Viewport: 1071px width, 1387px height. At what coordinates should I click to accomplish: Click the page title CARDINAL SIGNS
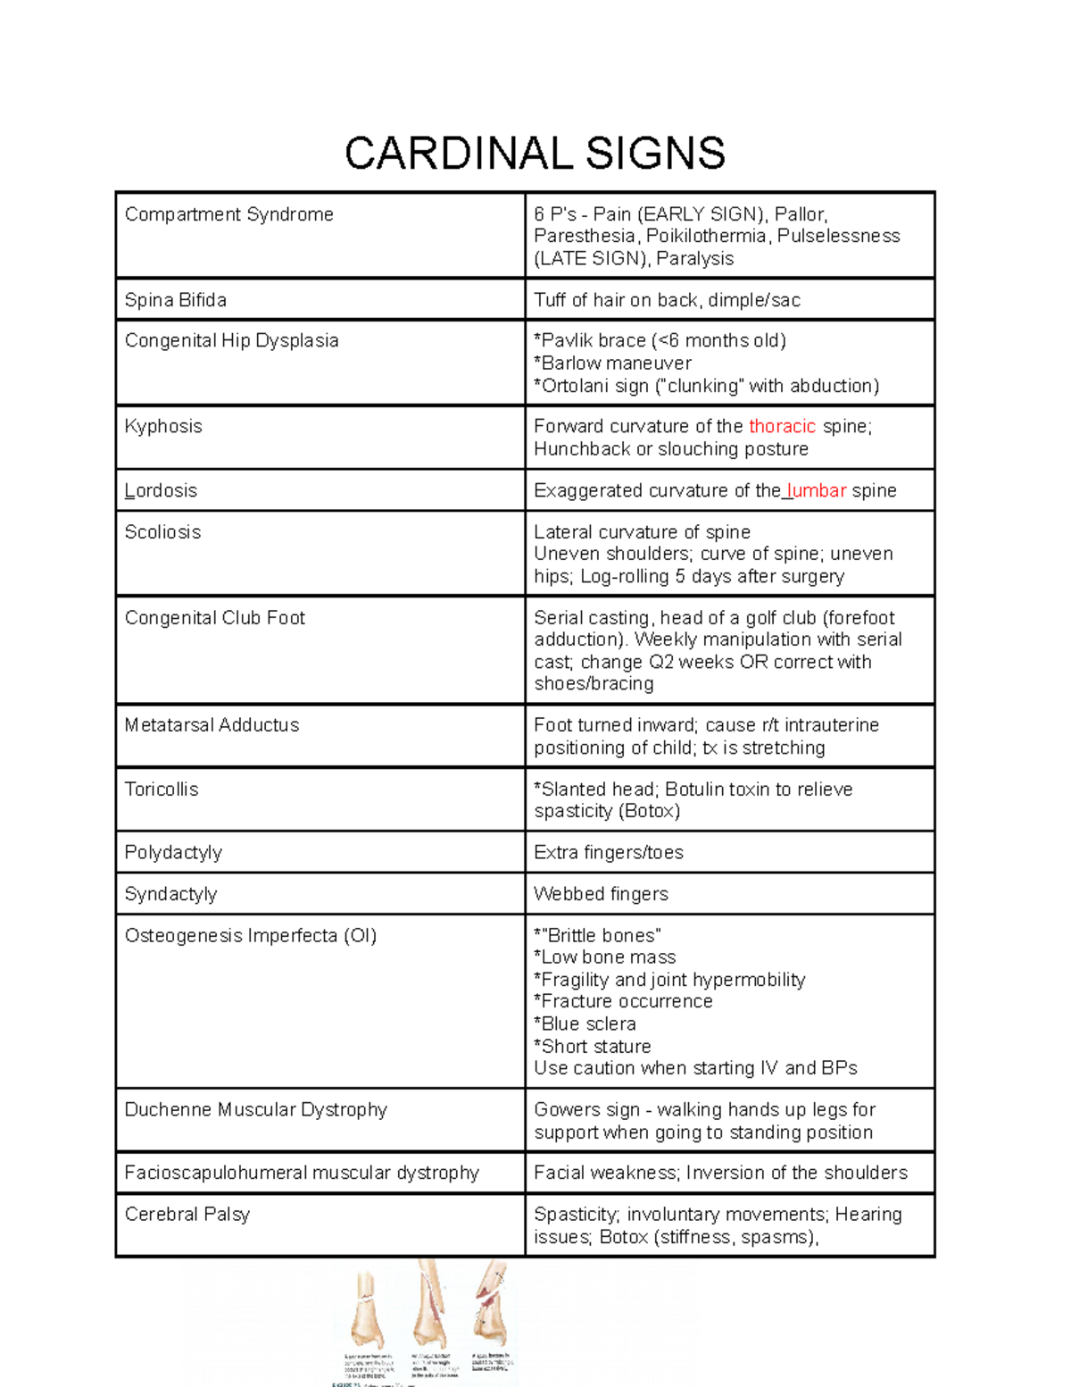[535, 153]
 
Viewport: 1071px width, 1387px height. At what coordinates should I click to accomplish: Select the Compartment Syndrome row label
[228, 214]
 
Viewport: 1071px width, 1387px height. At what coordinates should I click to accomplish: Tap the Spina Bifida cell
[175, 300]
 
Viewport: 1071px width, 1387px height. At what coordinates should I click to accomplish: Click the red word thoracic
[782, 426]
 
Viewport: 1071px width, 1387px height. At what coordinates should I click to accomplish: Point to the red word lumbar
[817, 490]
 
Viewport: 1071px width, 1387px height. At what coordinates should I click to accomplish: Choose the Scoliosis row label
[162, 531]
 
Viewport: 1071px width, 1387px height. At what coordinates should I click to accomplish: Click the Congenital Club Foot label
[214, 617]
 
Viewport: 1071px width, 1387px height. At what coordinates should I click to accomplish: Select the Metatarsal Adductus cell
[212, 725]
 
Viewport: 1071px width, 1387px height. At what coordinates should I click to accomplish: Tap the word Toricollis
[162, 790]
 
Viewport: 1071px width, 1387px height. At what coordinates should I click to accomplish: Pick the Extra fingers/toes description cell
[609, 852]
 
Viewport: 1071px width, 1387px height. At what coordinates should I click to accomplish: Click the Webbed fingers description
[601, 894]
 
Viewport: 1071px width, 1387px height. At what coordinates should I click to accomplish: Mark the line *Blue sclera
[585, 1024]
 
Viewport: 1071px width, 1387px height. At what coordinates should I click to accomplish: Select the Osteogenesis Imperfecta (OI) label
[251, 935]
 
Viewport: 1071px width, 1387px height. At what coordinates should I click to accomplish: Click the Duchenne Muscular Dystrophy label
[255, 1109]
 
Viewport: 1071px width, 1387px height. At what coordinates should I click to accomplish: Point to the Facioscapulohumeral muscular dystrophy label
[302, 1173]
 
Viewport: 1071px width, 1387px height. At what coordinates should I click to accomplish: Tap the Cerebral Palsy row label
[187, 1214]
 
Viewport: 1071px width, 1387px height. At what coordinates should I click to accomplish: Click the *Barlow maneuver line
[612, 363]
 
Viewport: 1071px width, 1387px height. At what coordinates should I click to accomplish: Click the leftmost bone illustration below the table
[367, 1308]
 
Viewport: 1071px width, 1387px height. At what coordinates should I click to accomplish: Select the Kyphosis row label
[163, 426]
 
